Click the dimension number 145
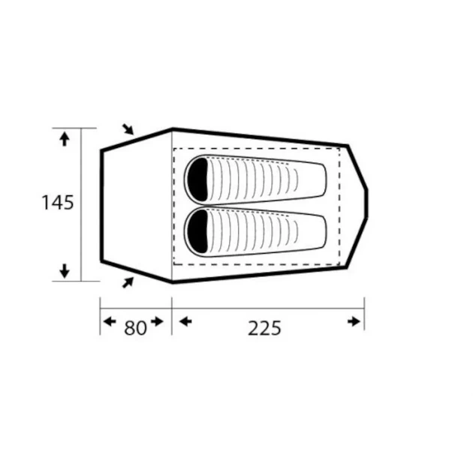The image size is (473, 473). [57, 203]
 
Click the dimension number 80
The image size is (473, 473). [135, 327]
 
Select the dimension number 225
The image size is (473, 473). [264, 328]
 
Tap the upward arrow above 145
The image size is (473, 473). [65, 140]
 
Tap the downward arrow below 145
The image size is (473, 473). [65, 270]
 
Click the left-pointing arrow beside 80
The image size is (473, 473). [110, 321]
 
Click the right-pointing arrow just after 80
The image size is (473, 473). [157, 321]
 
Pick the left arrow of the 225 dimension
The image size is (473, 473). [185, 321]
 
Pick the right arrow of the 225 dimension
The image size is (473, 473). [354, 321]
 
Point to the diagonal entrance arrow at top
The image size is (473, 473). [128, 129]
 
